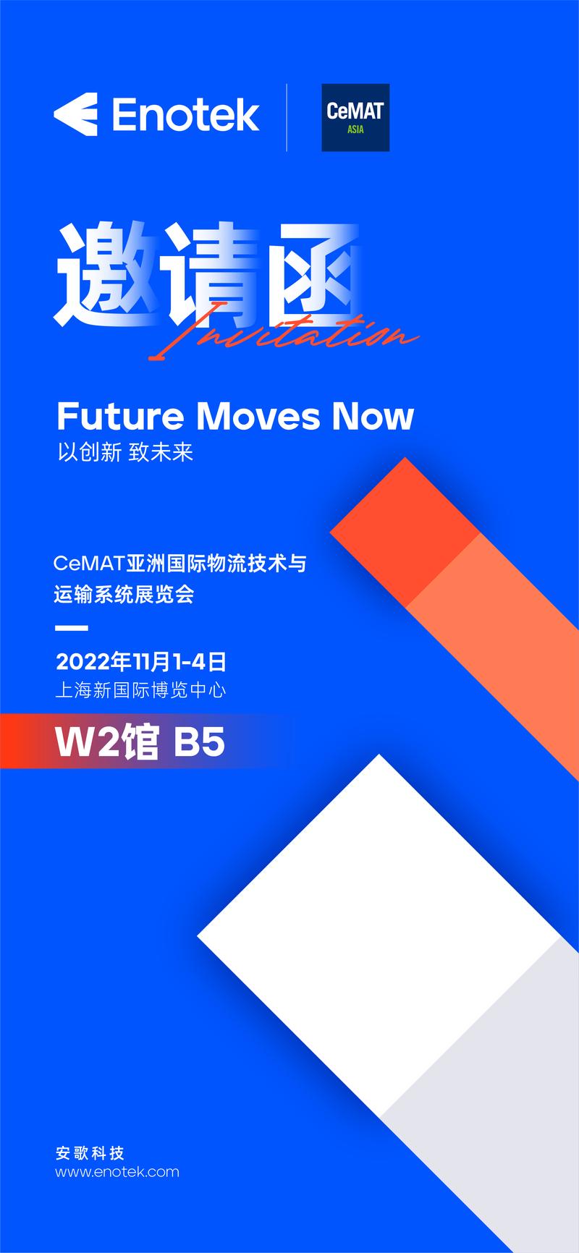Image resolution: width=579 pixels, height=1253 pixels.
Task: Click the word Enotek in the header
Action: [186, 115]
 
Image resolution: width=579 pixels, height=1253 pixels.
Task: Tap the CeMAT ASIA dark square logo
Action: [355, 117]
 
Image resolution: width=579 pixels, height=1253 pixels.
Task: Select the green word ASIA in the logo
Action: [355, 130]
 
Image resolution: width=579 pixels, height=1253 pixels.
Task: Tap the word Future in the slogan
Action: [121, 416]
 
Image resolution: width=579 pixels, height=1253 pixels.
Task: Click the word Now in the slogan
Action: [373, 416]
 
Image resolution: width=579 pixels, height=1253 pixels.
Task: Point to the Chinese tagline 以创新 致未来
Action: [125, 453]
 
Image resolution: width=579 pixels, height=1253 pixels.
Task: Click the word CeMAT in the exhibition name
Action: [90, 563]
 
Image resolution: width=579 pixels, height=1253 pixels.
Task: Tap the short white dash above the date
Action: [72, 628]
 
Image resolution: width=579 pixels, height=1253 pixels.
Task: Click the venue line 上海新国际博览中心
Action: [141, 690]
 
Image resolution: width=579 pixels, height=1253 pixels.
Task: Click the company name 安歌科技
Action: [90, 1152]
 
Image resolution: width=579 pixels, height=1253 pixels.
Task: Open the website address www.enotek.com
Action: [117, 1172]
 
